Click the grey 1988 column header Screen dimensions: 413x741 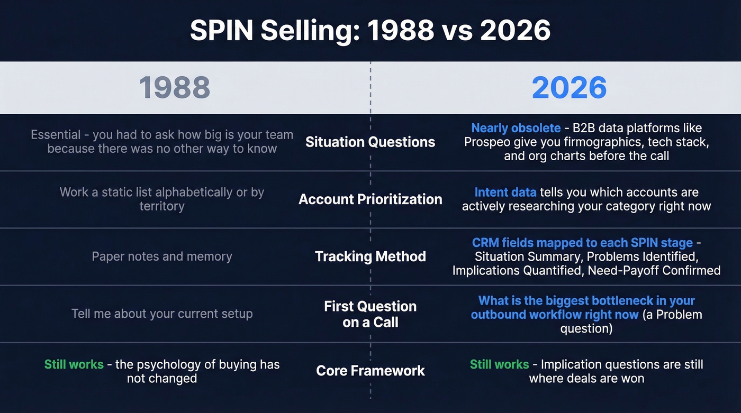click(x=174, y=88)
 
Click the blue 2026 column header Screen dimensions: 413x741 click(x=569, y=88)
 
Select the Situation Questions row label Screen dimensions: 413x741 click(x=370, y=142)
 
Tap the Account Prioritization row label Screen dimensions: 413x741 click(x=370, y=199)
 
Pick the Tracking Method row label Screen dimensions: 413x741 click(x=370, y=256)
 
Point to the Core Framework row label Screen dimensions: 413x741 click(x=370, y=371)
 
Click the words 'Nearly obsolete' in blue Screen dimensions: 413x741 click(x=516, y=128)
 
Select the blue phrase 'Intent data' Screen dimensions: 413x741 click(x=505, y=192)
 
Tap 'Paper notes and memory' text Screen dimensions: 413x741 click(x=162, y=256)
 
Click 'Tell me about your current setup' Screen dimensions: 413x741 click(x=162, y=314)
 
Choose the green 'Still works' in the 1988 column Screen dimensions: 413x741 click(x=74, y=364)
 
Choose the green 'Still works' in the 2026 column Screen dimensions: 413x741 click(x=499, y=364)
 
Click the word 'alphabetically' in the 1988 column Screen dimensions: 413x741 click(x=187, y=192)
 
